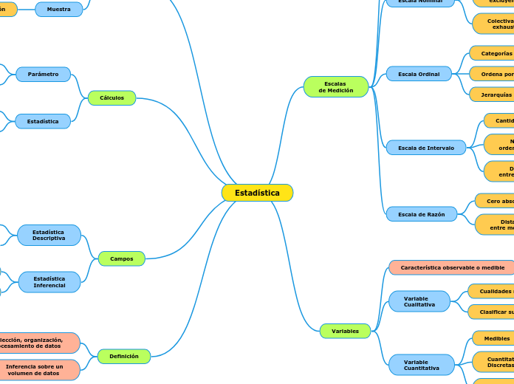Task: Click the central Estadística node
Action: tap(257, 193)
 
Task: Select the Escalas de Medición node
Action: tap(336, 87)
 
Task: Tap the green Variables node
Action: tap(345, 332)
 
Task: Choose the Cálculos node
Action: tap(112, 97)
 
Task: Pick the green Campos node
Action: tap(122, 258)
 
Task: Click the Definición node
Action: tap(124, 356)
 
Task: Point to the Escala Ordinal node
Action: tap(419, 74)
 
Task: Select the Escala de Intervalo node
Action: tap(426, 148)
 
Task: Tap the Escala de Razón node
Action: tap(422, 214)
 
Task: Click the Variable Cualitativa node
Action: tap(419, 301)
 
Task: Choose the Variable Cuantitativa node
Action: tap(422, 365)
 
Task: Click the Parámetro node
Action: tap(44, 75)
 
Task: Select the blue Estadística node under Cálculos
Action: tap(43, 121)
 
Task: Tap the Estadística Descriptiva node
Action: tap(49, 236)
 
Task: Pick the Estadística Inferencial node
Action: tap(49, 282)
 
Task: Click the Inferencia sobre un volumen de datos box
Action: tap(35, 370)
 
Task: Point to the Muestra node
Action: tap(59, 10)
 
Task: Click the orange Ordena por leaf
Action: tap(493, 74)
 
